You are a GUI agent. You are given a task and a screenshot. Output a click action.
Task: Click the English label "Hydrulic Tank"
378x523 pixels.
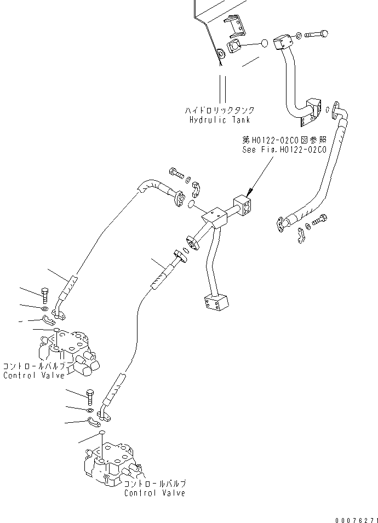pyautogui.click(x=219, y=119)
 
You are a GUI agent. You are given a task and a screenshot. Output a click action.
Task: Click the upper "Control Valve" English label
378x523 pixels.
pyautogui.click(x=33, y=376)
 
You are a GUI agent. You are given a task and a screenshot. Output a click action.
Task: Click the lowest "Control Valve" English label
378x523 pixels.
pyautogui.click(x=154, y=493)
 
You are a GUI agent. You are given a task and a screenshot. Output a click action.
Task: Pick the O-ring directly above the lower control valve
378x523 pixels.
pyautogui.click(x=102, y=433)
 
